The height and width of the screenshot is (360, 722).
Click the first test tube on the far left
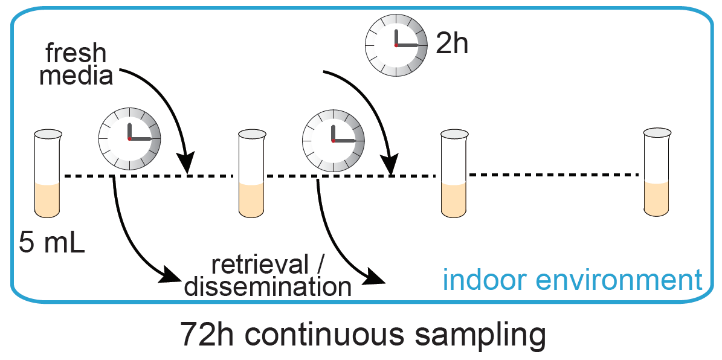click(47, 174)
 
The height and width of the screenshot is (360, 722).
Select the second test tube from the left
click(251, 174)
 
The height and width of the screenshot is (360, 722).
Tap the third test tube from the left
click(454, 174)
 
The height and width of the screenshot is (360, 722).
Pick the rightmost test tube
click(657, 172)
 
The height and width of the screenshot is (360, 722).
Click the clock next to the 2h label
click(395, 45)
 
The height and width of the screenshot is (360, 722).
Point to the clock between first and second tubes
click(129, 139)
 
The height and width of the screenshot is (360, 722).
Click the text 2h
click(452, 43)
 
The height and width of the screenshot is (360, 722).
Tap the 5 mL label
click(52, 243)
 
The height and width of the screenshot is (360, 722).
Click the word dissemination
click(268, 286)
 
